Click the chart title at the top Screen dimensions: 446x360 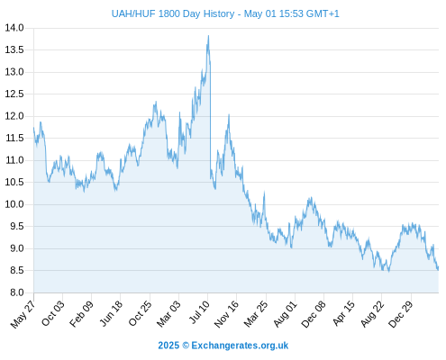[225, 13]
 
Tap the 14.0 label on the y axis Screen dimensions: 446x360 [14, 28]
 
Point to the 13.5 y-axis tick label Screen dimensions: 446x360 [14, 49]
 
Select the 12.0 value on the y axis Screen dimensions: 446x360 [14, 116]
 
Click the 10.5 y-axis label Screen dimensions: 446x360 [14, 182]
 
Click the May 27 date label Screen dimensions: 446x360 [23, 314]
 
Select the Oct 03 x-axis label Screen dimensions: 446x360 [53, 313]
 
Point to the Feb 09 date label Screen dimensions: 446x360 [81, 313]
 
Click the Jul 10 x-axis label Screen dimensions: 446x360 [199, 312]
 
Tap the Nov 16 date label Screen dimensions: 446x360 [226, 314]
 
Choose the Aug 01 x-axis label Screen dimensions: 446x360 [285, 313]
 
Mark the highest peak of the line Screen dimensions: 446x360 [208, 36]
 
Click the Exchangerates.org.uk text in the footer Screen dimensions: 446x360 [240, 346]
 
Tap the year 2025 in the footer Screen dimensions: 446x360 [168, 346]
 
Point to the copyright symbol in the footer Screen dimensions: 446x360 [186, 346]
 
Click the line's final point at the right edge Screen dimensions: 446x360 [439, 267]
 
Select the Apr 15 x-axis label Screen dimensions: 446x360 [344, 313]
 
